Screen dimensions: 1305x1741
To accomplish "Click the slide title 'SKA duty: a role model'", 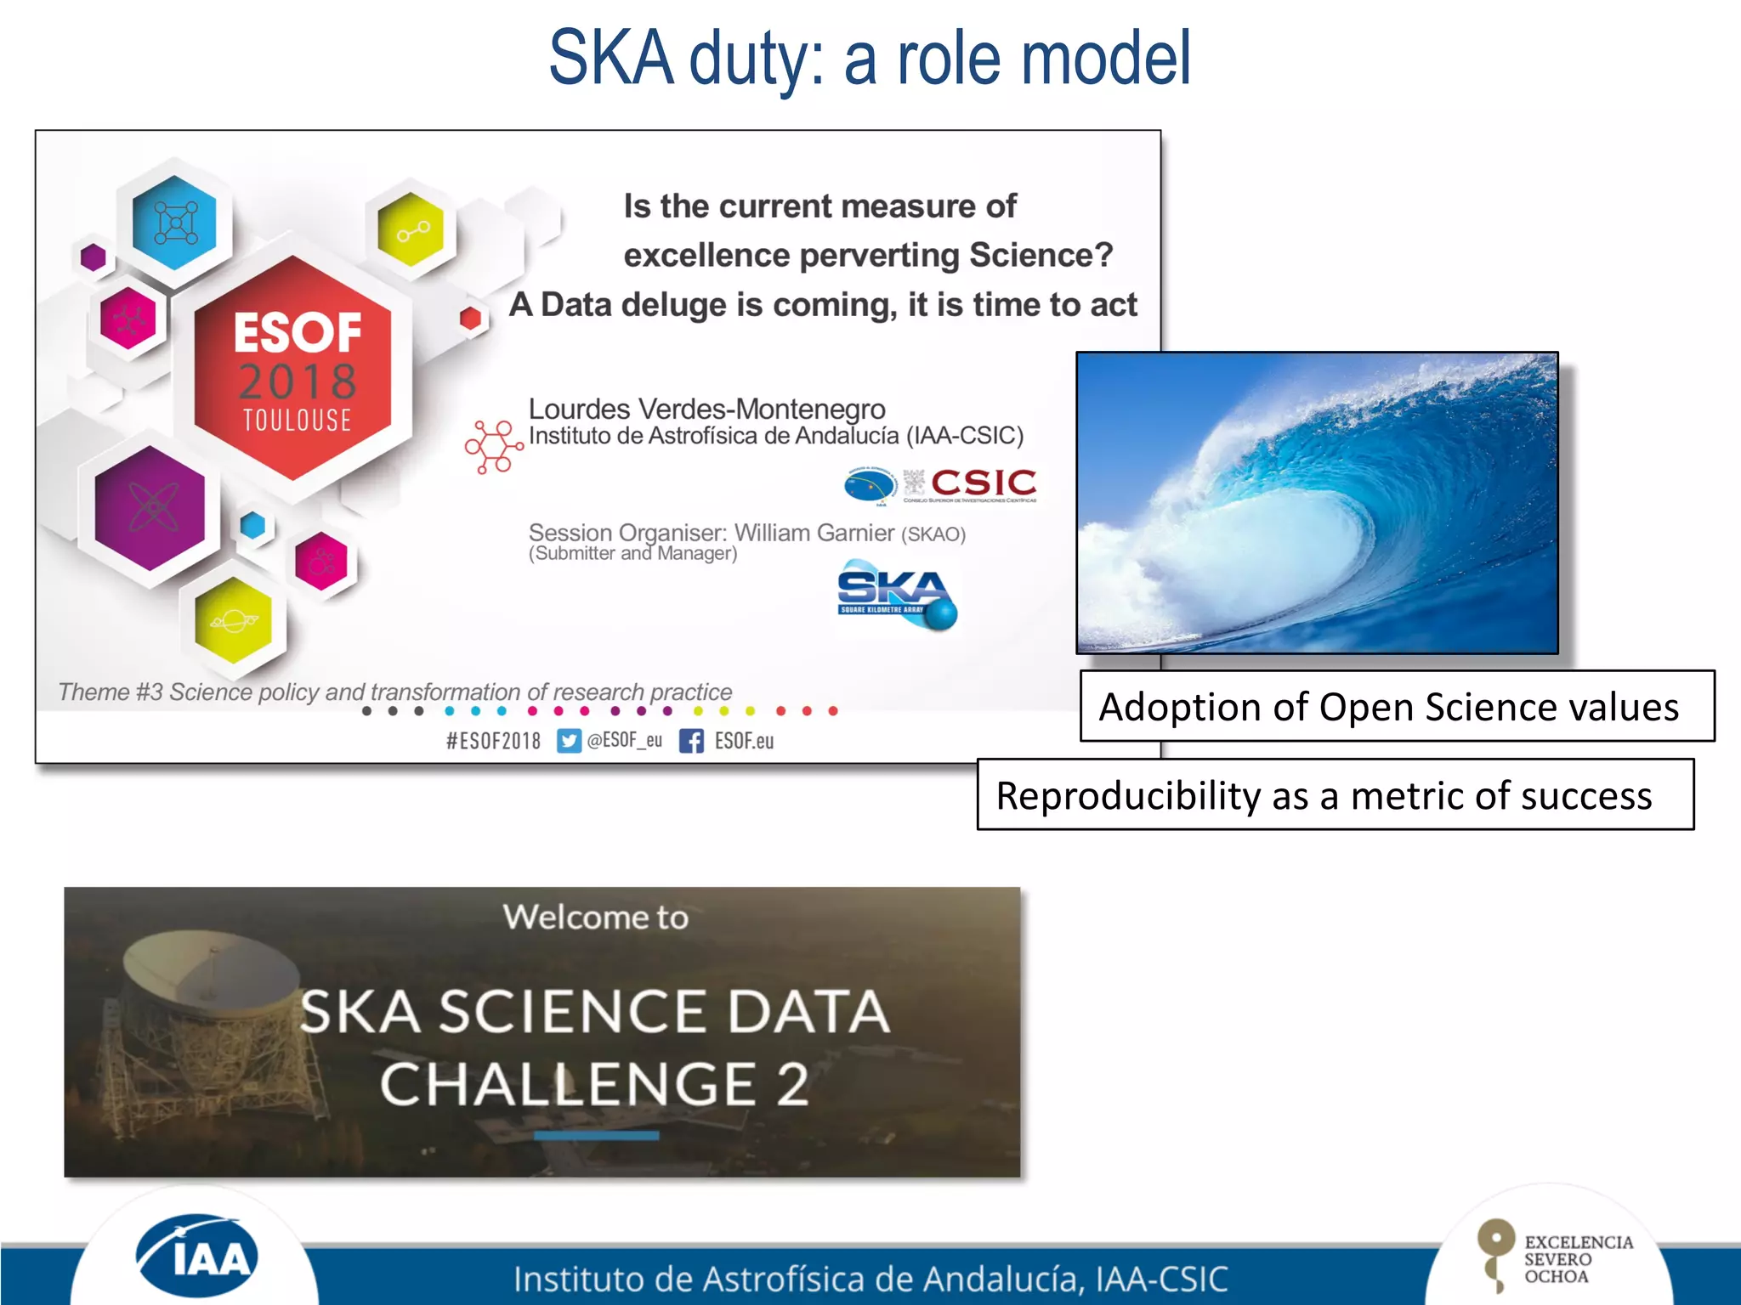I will click(x=869, y=58).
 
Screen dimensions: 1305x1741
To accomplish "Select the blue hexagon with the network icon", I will click(x=175, y=223).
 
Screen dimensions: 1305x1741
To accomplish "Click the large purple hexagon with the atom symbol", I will click(x=150, y=508).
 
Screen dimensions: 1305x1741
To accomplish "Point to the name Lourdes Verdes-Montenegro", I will click(x=706, y=409).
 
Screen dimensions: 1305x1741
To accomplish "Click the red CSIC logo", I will click(x=983, y=483).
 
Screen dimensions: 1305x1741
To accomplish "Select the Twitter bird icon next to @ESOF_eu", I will click(x=569, y=741).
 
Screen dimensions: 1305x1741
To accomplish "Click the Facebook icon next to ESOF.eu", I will click(x=691, y=741).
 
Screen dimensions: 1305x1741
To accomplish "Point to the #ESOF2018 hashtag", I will click(x=493, y=741).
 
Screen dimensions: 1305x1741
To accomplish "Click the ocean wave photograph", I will click(x=1316, y=502).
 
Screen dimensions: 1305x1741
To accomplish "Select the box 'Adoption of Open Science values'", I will click(x=1396, y=707).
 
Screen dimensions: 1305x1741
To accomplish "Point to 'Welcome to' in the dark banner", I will click(x=595, y=917).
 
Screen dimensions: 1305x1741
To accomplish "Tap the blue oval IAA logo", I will click(x=197, y=1256).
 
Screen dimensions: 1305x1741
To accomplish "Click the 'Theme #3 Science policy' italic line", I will click(x=394, y=692).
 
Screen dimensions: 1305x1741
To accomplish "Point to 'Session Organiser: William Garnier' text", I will click(x=711, y=533).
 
